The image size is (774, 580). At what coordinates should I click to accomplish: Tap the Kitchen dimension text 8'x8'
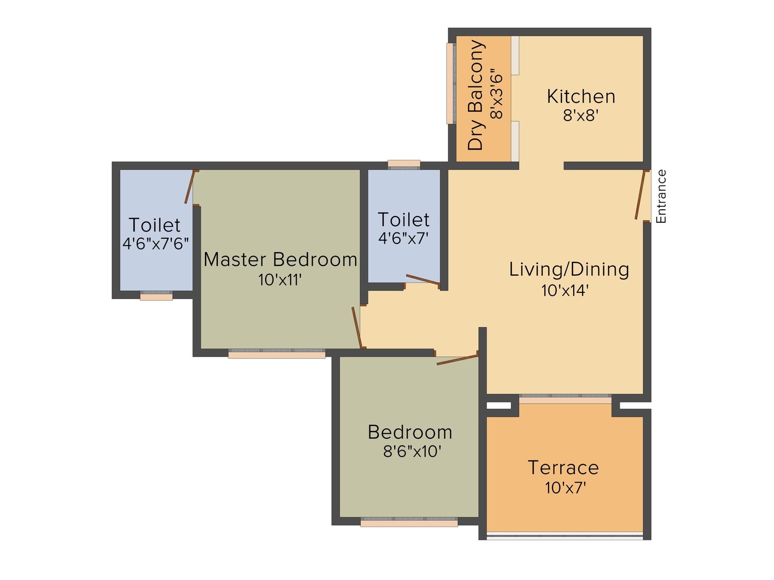click(x=581, y=115)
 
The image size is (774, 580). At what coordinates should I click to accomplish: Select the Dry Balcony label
click(x=475, y=95)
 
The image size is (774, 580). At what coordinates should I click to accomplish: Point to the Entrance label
click(x=661, y=196)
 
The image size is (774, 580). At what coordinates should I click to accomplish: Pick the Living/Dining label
click(x=569, y=270)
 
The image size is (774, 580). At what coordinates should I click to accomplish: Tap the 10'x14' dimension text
click(x=565, y=291)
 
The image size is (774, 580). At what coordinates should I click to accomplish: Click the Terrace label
click(x=563, y=467)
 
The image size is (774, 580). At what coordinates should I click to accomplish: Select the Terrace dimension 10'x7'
click(x=565, y=488)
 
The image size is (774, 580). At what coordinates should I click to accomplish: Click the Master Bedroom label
click(x=281, y=259)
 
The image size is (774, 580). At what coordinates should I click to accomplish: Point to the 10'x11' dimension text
click(x=280, y=280)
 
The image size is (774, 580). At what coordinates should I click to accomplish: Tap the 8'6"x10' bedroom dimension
click(x=412, y=451)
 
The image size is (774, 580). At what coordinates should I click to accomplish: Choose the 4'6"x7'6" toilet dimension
click(x=155, y=243)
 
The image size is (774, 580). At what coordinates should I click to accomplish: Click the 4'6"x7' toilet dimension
click(x=403, y=238)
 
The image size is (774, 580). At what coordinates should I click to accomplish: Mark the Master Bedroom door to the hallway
click(x=357, y=327)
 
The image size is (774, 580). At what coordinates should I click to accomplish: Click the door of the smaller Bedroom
click(x=457, y=359)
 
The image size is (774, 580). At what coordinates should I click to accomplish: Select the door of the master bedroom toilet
click(x=189, y=187)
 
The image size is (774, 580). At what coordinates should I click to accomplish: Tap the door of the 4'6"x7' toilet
click(x=423, y=279)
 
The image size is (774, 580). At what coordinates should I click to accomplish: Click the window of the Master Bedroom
click(x=277, y=354)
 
